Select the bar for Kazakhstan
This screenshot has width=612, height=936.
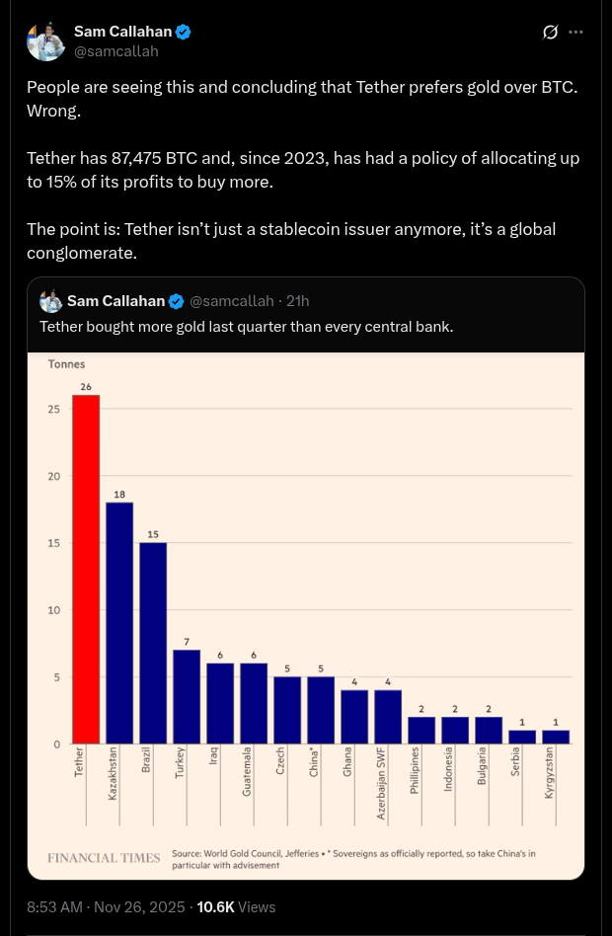[x=119, y=622]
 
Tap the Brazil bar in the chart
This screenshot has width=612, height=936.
[x=153, y=643]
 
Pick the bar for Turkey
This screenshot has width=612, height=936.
[x=187, y=696]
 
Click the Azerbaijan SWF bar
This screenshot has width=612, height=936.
[x=388, y=716]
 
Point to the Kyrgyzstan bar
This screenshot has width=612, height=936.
[x=556, y=737]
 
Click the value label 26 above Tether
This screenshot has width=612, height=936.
[x=86, y=387]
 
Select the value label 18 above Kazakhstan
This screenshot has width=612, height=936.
[x=119, y=494]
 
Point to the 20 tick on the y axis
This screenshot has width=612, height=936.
[x=54, y=477]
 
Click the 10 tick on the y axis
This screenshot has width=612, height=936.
[x=54, y=610]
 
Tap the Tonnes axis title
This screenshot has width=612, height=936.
[x=66, y=364]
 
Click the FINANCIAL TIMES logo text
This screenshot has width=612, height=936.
[x=104, y=858]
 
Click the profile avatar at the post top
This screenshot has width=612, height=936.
[x=45, y=40]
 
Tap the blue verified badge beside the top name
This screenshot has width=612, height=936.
[x=183, y=33]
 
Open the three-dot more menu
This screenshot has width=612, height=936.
[x=576, y=33]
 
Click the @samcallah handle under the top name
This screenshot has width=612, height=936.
[x=116, y=51]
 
